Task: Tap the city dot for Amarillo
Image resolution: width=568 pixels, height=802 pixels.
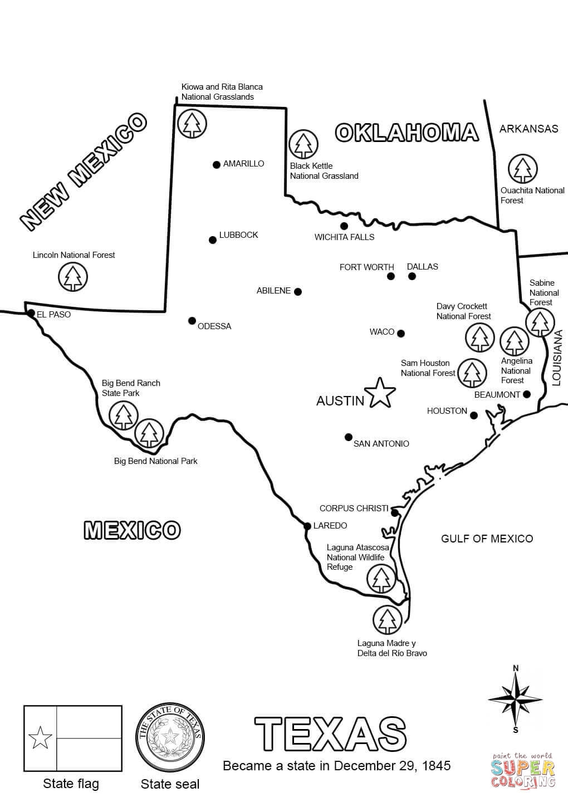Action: pos(216,164)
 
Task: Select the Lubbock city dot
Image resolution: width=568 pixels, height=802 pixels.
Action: pos(212,240)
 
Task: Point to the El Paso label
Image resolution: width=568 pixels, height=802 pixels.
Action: pos(53,314)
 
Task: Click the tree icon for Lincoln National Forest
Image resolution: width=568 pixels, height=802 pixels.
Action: pos(73,276)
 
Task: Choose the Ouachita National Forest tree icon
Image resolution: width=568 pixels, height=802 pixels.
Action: pos(523,169)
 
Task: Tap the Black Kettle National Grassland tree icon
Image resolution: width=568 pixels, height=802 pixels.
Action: pos(303,144)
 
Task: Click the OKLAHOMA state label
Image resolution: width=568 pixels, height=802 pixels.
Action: pos(407,133)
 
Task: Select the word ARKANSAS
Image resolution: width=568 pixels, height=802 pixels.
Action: pos(528,129)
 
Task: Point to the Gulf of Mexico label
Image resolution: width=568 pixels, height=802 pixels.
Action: pos(487,539)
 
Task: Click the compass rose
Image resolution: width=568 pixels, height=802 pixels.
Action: pos(515,698)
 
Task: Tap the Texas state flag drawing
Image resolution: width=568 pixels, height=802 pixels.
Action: pos(72,739)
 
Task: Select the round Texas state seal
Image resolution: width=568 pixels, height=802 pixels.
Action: pos(170,738)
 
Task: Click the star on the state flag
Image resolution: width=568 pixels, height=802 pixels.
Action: pos(40,739)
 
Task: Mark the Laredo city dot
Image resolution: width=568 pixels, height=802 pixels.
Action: pos(307,526)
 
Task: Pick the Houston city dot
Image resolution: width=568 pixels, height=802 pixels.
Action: pos(473,415)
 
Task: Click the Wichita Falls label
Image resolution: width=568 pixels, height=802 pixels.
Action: pos(344,237)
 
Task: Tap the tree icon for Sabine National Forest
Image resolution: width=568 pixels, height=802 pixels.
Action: pos(540,322)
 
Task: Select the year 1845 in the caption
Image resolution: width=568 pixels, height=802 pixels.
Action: pos(437,765)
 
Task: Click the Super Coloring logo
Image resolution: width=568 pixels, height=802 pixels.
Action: pos(523,770)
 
